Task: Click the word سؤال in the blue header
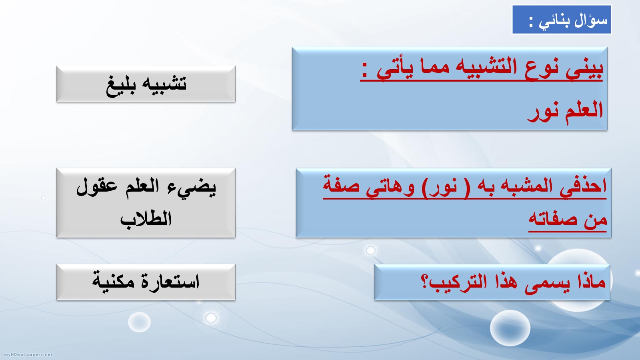[x=590, y=20]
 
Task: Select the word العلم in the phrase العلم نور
[x=584, y=110]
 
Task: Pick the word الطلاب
[x=146, y=219]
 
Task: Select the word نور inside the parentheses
[x=440, y=188]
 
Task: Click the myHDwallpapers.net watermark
[x=28, y=354]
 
